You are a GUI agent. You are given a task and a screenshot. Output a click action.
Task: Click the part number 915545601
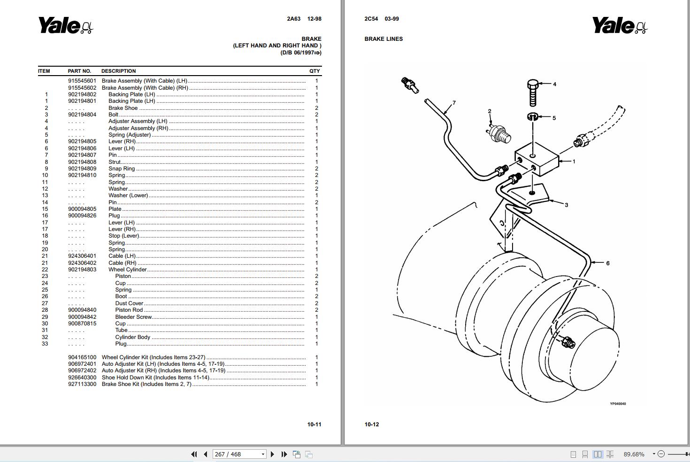pyautogui.click(x=82, y=81)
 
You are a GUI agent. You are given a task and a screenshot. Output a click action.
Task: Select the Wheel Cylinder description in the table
pyautogui.click(x=128, y=269)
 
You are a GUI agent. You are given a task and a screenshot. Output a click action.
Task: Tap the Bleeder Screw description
pyautogui.click(x=133, y=317)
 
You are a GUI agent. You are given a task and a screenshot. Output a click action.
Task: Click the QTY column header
pyautogui.click(x=314, y=71)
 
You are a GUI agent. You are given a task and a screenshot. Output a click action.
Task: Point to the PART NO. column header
pyautogui.click(x=79, y=71)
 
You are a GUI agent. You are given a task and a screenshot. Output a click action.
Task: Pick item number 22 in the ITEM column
pyautogui.click(x=45, y=269)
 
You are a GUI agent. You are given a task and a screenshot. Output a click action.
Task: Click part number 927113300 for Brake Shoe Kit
pyautogui.click(x=82, y=384)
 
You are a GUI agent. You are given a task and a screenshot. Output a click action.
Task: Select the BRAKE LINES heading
pyautogui.click(x=383, y=39)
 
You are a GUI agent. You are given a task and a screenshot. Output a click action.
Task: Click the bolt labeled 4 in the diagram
pyautogui.click(x=533, y=93)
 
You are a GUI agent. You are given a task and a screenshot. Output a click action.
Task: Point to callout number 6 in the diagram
pyautogui.click(x=607, y=263)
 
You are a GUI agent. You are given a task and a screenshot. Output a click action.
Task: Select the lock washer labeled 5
pyautogui.click(x=532, y=117)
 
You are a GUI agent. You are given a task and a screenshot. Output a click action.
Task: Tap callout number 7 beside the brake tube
pyautogui.click(x=454, y=103)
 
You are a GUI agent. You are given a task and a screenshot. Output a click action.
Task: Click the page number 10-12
pyautogui.click(x=371, y=424)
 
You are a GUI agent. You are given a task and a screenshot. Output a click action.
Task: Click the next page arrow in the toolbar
pyautogui.click(x=272, y=454)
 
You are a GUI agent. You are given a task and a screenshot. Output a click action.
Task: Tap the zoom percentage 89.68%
pyautogui.click(x=634, y=454)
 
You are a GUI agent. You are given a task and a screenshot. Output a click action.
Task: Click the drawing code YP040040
pyautogui.click(x=617, y=404)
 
